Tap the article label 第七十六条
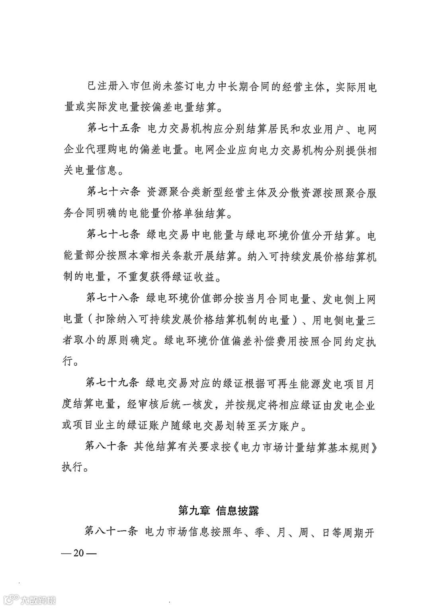pos(113,193)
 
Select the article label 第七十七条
pos(113,235)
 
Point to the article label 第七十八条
pos(113,298)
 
